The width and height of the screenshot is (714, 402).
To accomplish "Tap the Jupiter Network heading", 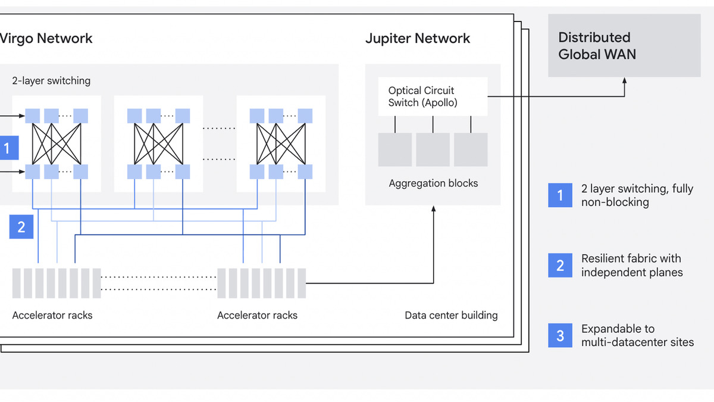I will (x=417, y=39).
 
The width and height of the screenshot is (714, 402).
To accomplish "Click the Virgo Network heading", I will (x=46, y=39).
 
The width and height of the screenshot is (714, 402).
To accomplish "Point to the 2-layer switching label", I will (x=51, y=80).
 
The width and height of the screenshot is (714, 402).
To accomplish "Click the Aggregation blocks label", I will (x=433, y=183).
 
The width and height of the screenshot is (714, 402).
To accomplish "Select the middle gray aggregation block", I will (x=433, y=149).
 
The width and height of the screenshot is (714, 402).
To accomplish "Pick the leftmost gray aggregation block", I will (x=395, y=149).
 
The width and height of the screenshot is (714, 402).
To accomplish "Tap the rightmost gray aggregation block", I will (x=471, y=149).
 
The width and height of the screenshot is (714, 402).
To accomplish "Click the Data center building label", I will (x=451, y=315).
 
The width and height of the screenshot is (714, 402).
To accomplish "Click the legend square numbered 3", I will (x=560, y=336).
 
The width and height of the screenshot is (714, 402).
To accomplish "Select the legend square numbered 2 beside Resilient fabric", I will (x=560, y=266).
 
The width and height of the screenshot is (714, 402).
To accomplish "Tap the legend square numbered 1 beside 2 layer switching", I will (x=560, y=195).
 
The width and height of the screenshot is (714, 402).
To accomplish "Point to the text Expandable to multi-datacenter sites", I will (x=637, y=335).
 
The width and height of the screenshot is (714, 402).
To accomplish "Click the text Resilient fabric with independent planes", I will (x=631, y=266).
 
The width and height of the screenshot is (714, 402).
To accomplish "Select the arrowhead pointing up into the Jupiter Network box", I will (x=433, y=210).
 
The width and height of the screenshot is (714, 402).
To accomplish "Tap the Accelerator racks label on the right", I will (x=257, y=315).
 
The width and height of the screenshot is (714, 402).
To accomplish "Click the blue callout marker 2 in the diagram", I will (x=21, y=227).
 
